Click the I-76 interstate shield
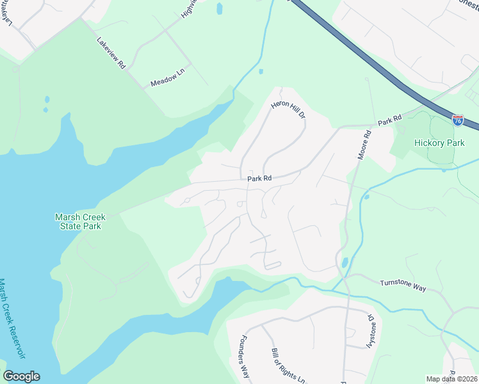[x=458, y=120]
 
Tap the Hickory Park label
[x=439, y=143]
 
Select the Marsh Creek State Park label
[x=78, y=221]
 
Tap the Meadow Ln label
[x=166, y=83]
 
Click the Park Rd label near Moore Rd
[x=389, y=119]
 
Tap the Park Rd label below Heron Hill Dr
[x=260, y=179]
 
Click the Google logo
[x=21, y=376]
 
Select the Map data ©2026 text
[x=451, y=379]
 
